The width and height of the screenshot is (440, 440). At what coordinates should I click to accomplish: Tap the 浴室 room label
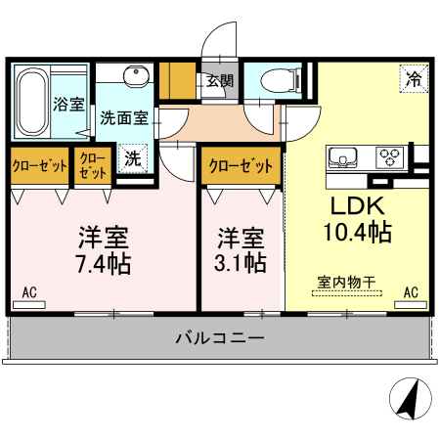point(68,103)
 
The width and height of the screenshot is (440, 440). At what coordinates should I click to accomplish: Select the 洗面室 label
point(124,118)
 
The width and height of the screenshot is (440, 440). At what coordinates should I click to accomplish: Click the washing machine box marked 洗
point(131,157)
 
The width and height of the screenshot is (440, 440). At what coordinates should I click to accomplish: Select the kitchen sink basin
point(347,156)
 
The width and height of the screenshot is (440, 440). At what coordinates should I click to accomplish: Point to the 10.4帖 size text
point(357,233)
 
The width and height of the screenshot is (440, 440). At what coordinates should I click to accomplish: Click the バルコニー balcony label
point(220,339)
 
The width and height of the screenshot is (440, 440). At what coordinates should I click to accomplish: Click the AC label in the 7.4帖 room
point(29,291)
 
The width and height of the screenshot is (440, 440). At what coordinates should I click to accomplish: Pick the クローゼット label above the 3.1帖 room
point(241,166)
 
